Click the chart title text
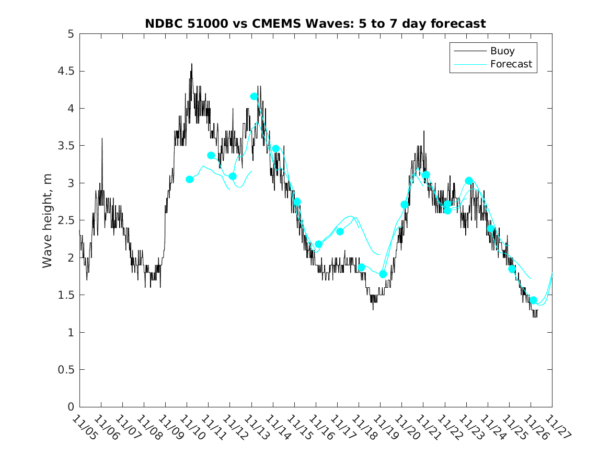(315, 24)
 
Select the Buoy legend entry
(502, 51)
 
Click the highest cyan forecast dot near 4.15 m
(254, 96)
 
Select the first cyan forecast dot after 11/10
(190, 179)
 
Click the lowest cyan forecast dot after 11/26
(533, 300)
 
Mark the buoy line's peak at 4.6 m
(191, 64)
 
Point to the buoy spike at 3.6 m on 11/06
(102, 138)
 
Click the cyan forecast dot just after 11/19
(383, 274)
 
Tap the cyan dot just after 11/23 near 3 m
(469, 181)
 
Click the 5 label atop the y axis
(71, 34)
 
